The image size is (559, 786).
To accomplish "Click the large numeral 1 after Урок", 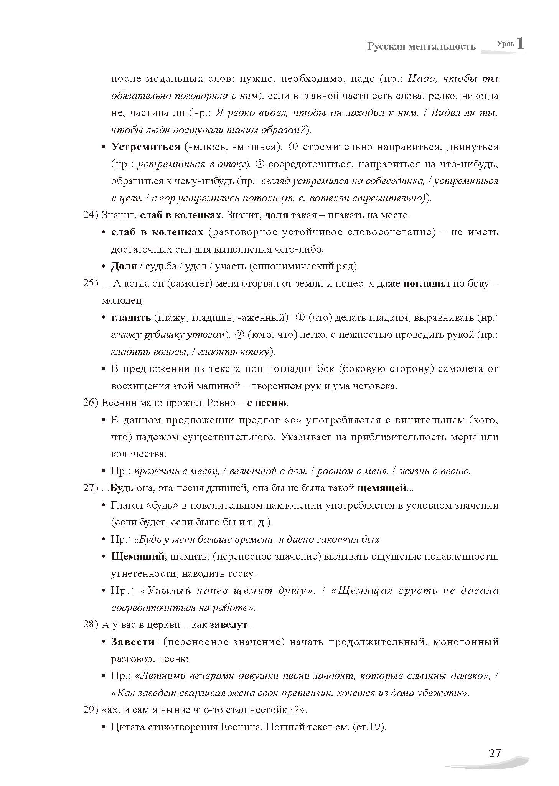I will tap(520, 43).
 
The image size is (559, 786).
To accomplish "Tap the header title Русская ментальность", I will tap(421, 46).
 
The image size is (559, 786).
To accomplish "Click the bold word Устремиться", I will tap(145, 147).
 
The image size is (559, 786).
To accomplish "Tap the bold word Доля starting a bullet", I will tap(124, 266).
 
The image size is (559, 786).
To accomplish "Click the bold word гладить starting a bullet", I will tap(131, 318).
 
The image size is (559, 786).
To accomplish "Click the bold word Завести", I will tap(133, 642).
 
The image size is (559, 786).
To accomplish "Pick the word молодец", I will tap(122, 301).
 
